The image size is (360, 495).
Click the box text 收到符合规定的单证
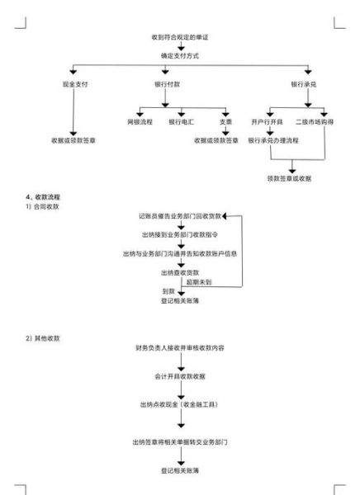click(179, 40)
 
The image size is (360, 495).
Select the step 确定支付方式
click(179, 55)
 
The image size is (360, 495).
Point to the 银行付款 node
click(180, 85)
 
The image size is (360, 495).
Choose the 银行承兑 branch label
click(303, 85)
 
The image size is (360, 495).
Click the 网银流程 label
click(140, 122)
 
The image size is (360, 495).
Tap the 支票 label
click(225, 122)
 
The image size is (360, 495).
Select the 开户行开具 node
click(268, 122)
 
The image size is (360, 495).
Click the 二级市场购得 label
click(313, 122)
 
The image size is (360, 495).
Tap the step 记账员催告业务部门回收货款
click(179, 215)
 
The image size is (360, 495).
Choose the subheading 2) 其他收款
click(43, 339)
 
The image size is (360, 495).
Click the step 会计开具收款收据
click(179, 376)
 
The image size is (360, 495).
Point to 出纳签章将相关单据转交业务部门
click(180, 442)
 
